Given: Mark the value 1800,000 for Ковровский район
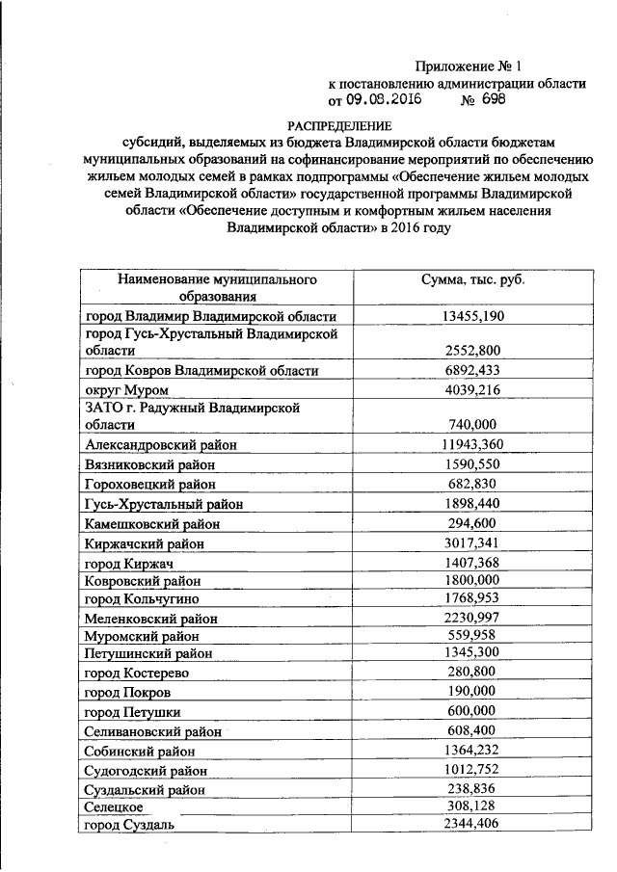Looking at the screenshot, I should pyautogui.click(x=471, y=580).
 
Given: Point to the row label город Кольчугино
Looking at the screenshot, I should pyautogui.click(x=144, y=599).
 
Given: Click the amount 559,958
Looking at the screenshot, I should pyautogui.click(x=471, y=636).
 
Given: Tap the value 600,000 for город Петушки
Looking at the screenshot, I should pyautogui.click(x=471, y=710).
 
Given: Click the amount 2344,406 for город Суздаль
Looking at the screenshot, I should pyautogui.click(x=471, y=823).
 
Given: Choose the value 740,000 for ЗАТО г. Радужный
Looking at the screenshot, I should pyautogui.click(x=471, y=424).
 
